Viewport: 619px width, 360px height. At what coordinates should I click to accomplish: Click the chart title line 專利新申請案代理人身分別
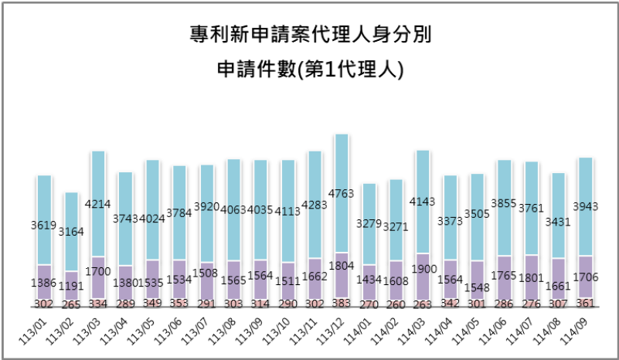[310, 36]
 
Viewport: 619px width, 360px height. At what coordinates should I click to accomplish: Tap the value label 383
[341, 304]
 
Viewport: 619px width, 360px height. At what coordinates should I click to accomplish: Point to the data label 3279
[369, 225]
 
